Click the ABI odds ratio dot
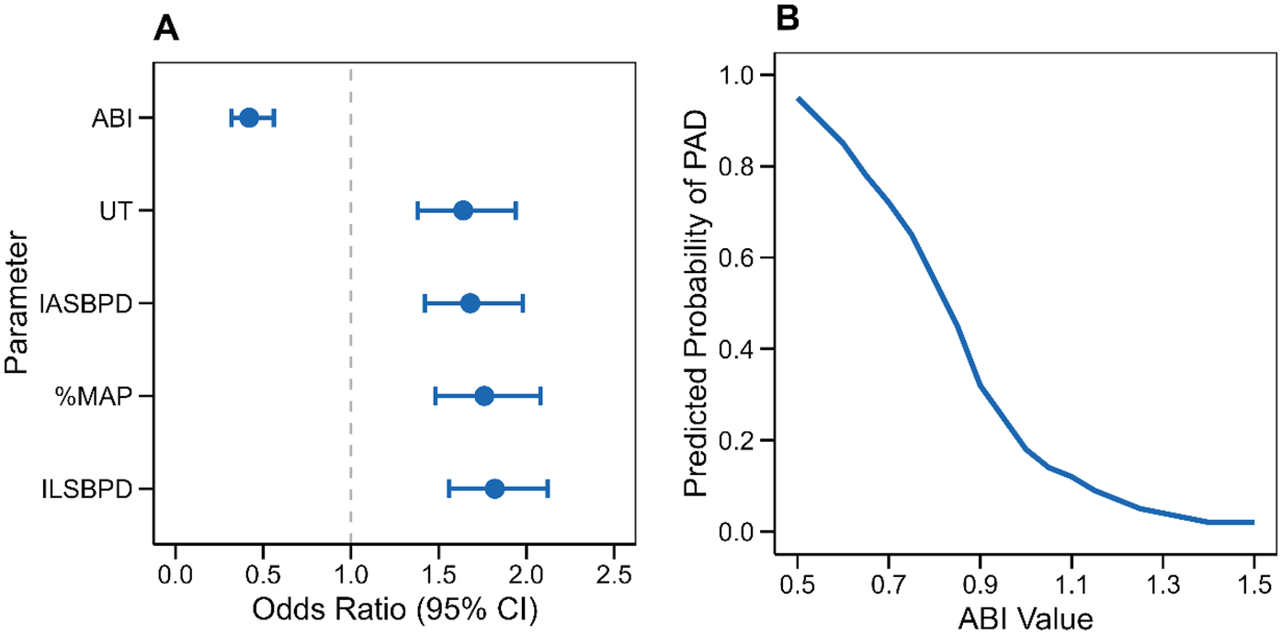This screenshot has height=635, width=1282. (249, 118)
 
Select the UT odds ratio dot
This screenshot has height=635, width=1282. (463, 210)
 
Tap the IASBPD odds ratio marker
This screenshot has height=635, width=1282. (470, 303)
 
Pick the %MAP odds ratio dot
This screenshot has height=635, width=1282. (484, 396)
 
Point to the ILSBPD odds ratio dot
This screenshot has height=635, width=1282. (494, 489)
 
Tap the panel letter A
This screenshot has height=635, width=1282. (165, 29)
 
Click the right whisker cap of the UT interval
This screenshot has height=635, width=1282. (516, 210)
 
